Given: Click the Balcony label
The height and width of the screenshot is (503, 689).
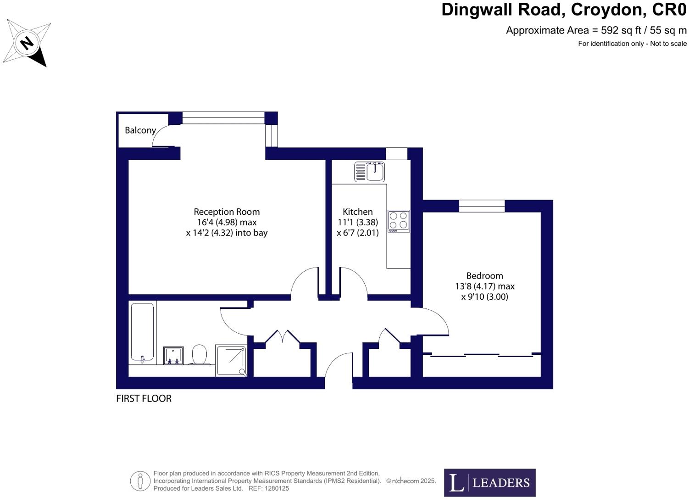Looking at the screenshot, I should point(140,130).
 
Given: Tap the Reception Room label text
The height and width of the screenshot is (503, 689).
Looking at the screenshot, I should point(227,212).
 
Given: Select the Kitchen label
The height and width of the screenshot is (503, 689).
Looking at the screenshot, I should point(357,212).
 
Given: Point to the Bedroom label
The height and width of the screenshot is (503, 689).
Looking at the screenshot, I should point(484,276).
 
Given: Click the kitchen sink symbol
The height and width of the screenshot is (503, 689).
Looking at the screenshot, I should point(370,172).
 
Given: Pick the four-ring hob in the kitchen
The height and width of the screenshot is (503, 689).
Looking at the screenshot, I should point(398,220).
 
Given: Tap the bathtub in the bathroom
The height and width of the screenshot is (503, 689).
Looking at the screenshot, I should point(142,331).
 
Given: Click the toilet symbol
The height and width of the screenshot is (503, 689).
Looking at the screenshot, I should point(199,355).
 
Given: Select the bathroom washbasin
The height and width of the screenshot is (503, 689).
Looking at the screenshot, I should point(173,355).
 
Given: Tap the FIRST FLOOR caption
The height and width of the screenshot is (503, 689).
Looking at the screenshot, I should point(144,398).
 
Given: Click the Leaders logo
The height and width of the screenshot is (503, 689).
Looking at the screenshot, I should point(489,482).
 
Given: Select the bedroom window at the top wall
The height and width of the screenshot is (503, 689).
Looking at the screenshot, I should point(482,206).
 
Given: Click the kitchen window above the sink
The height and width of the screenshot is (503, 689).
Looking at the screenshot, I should point(396,154).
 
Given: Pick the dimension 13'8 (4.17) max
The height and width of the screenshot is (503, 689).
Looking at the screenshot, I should point(484,286).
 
